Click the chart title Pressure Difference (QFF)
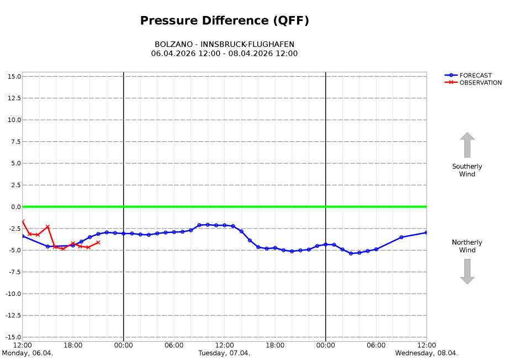tap(224, 21)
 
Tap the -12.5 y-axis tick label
tap(12, 315)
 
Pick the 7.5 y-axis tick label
tap(15, 141)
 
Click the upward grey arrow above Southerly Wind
tap(467, 145)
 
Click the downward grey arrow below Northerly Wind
tap(467, 272)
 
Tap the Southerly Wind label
tap(467, 170)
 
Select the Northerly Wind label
tap(467, 246)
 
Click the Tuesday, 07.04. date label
tap(224, 353)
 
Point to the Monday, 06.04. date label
tap(28, 353)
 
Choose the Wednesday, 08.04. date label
tap(426, 353)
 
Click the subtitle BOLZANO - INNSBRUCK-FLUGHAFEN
tap(224, 44)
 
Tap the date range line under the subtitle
tap(224, 54)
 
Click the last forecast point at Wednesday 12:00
tap(426, 232)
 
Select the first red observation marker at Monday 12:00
tap(23, 221)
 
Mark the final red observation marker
tap(98, 242)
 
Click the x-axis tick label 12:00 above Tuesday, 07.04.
tap(224, 346)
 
